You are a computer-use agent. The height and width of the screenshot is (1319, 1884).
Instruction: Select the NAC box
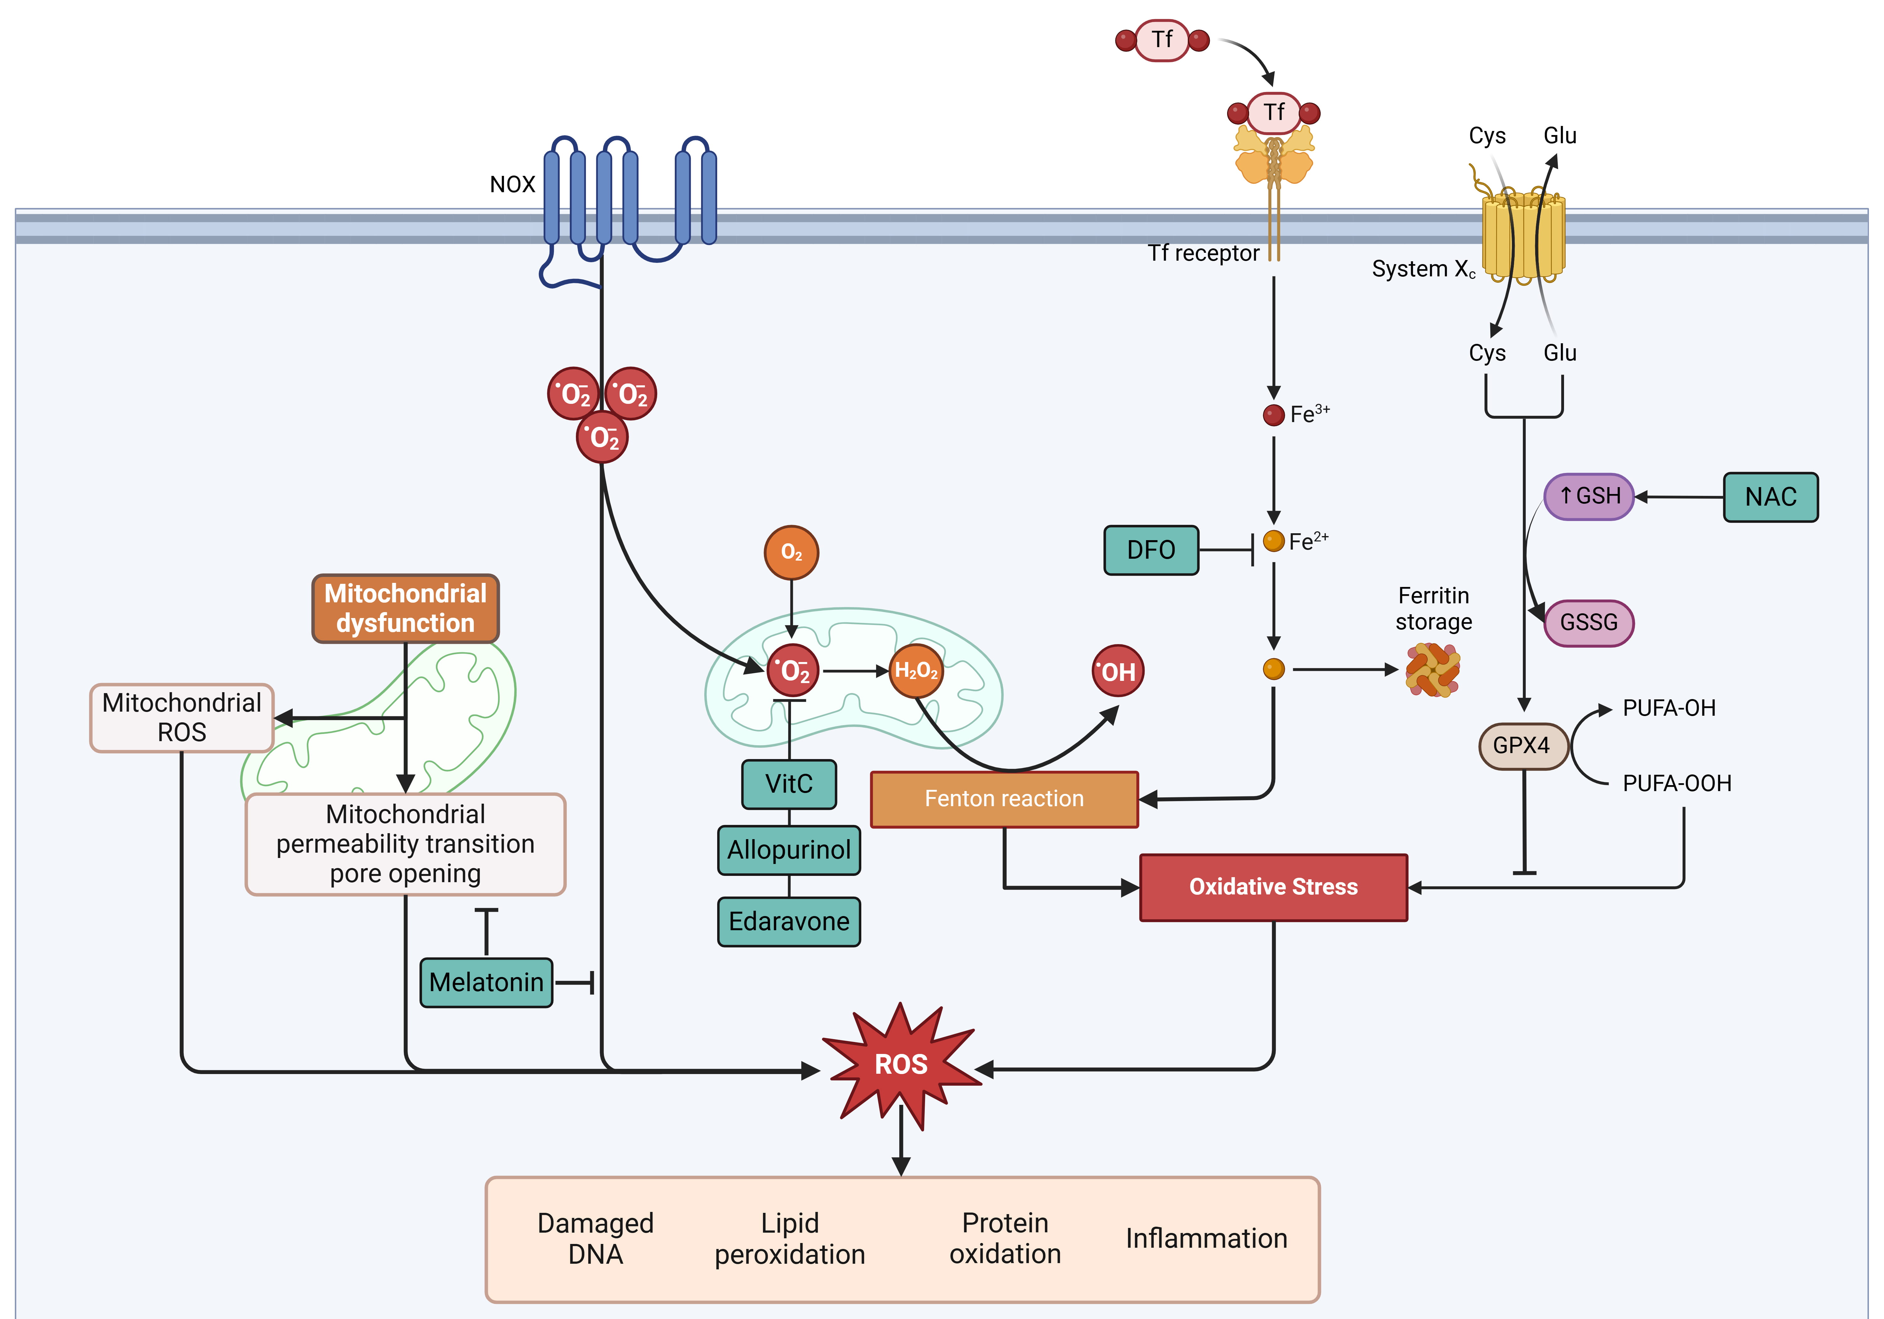pyautogui.click(x=1770, y=497)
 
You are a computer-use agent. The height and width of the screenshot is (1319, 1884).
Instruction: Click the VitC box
pyautogui.click(x=788, y=784)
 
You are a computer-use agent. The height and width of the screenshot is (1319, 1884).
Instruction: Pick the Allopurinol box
pyautogui.click(x=788, y=849)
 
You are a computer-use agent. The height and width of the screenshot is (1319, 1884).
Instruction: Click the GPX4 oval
pyautogui.click(x=1522, y=745)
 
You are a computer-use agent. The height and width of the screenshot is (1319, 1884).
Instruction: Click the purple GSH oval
pyautogui.click(x=1589, y=496)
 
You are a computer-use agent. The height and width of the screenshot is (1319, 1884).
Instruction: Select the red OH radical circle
pyautogui.click(x=1118, y=671)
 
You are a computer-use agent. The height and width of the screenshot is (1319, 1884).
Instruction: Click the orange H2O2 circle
pyautogui.click(x=916, y=670)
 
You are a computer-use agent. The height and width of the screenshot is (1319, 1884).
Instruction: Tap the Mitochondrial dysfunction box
pyautogui.click(x=405, y=608)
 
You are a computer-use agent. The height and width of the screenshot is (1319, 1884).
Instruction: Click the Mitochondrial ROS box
pyautogui.click(x=181, y=717)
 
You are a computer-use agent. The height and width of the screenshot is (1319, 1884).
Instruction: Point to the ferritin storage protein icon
pyautogui.click(x=1433, y=670)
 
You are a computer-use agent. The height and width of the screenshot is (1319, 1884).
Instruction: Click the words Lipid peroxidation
pyautogui.click(x=789, y=1239)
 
